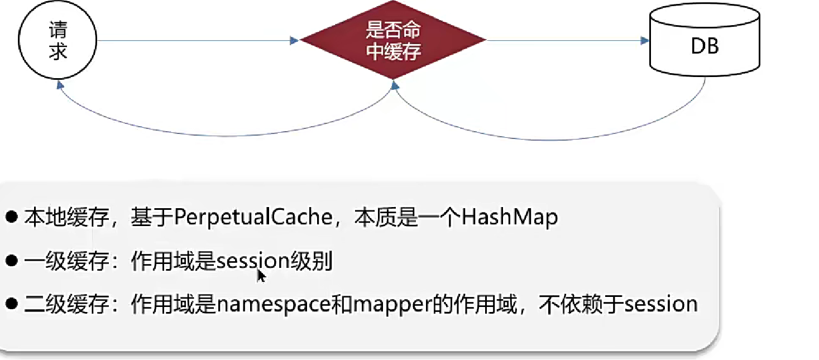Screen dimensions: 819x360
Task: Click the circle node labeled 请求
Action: point(58,41)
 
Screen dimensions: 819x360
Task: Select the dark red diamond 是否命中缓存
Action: point(393,40)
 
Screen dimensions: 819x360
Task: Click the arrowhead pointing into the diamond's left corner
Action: point(295,40)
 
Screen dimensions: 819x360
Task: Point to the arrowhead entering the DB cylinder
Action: point(644,40)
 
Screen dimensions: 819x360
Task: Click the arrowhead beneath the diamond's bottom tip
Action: point(395,85)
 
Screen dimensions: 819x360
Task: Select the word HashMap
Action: point(510,218)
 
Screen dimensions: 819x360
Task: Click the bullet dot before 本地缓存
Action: point(12,217)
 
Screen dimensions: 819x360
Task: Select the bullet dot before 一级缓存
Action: point(12,261)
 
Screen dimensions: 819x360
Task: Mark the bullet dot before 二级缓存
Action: point(12,304)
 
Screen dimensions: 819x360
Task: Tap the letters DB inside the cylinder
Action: point(705,47)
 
